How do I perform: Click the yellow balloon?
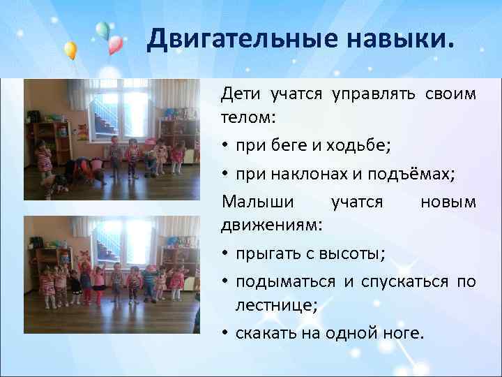coord(70,50)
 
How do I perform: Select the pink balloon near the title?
coord(115,45)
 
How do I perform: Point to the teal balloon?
coord(102,29)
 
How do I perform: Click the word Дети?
coord(238,94)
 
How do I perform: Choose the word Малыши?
coord(253,202)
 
